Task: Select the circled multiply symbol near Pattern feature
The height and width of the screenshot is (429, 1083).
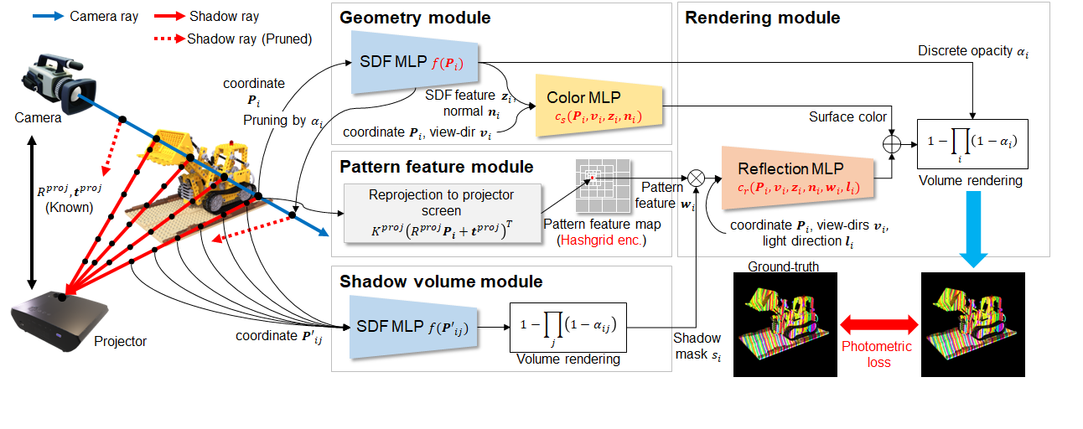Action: coord(695,177)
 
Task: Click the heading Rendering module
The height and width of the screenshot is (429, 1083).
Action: coord(762,18)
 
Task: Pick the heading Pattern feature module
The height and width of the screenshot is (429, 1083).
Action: coord(436,167)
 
